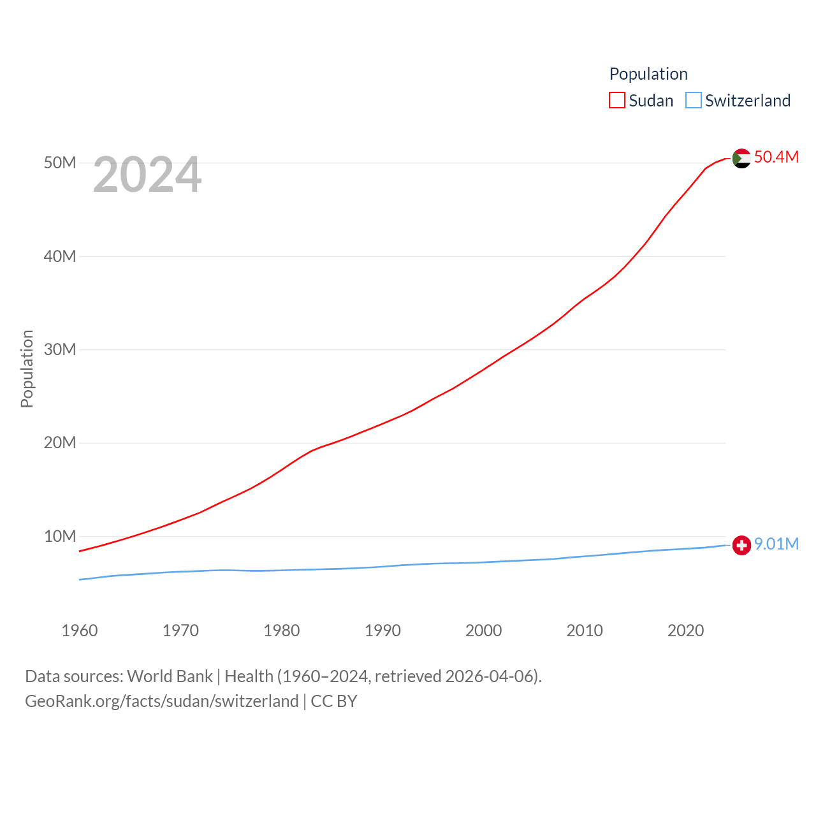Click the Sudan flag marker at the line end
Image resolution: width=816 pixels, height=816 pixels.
click(x=741, y=158)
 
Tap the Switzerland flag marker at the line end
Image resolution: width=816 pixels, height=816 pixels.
click(x=741, y=546)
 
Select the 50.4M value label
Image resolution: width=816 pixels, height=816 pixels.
click(x=776, y=157)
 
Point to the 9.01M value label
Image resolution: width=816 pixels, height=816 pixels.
click(x=776, y=544)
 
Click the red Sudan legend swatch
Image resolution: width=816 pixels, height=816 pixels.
click(x=617, y=100)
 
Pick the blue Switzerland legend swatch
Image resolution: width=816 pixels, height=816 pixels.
click(x=693, y=100)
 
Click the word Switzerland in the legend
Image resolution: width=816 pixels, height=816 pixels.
click(x=747, y=101)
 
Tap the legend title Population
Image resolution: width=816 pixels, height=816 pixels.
click(x=648, y=74)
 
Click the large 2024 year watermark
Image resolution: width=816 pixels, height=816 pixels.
click(x=147, y=175)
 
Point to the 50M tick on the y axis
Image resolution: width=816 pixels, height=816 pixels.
click(x=60, y=163)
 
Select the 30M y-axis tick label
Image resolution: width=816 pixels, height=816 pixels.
click(x=60, y=349)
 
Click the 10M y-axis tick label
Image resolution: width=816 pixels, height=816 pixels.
click(x=60, y=536)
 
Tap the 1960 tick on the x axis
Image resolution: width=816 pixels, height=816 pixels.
click(x=80, y=630)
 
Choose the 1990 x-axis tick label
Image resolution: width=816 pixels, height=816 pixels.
click(x=382, y=630)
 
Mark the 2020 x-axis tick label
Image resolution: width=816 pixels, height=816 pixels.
click(x=685, y=630)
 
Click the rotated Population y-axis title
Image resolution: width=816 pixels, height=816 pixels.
click(x=27, y=368)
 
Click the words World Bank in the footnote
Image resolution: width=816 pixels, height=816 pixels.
click(x=170, y=676)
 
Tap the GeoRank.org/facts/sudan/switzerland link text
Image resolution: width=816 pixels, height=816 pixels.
click(x=162, y=701)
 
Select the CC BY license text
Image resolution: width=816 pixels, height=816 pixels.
click(x=334, y=701)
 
